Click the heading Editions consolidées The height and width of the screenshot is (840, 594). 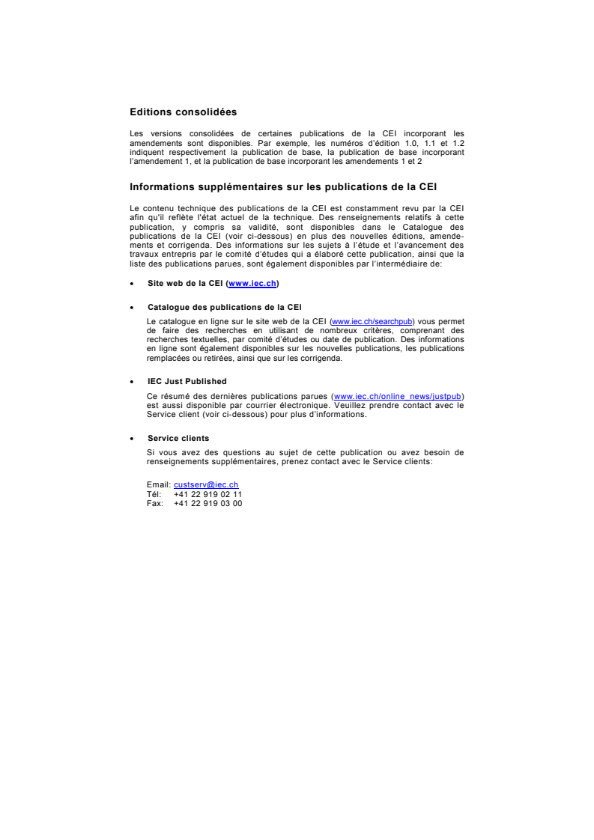pos(183,112)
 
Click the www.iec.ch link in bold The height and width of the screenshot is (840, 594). pos(252,284)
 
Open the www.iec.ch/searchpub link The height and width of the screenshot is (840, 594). pos(372,322)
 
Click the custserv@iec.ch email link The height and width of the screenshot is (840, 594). pos(206,485)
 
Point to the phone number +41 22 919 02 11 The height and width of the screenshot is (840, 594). pos(207,494)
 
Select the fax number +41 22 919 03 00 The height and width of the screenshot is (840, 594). pos(207,503)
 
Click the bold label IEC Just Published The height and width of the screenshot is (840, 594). pos(187,381)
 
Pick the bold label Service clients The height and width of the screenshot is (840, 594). pos(178,438)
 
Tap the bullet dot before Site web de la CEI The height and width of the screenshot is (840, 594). pos(132,284)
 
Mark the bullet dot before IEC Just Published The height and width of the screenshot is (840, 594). pos(132,382)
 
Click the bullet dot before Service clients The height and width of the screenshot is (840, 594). pos(132,439)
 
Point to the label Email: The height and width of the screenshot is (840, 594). pos(159,485)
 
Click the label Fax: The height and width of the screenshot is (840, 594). pos(155,503)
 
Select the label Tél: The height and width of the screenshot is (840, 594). pos(155,494)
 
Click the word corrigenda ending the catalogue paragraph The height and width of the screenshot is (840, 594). pos(324,358)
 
